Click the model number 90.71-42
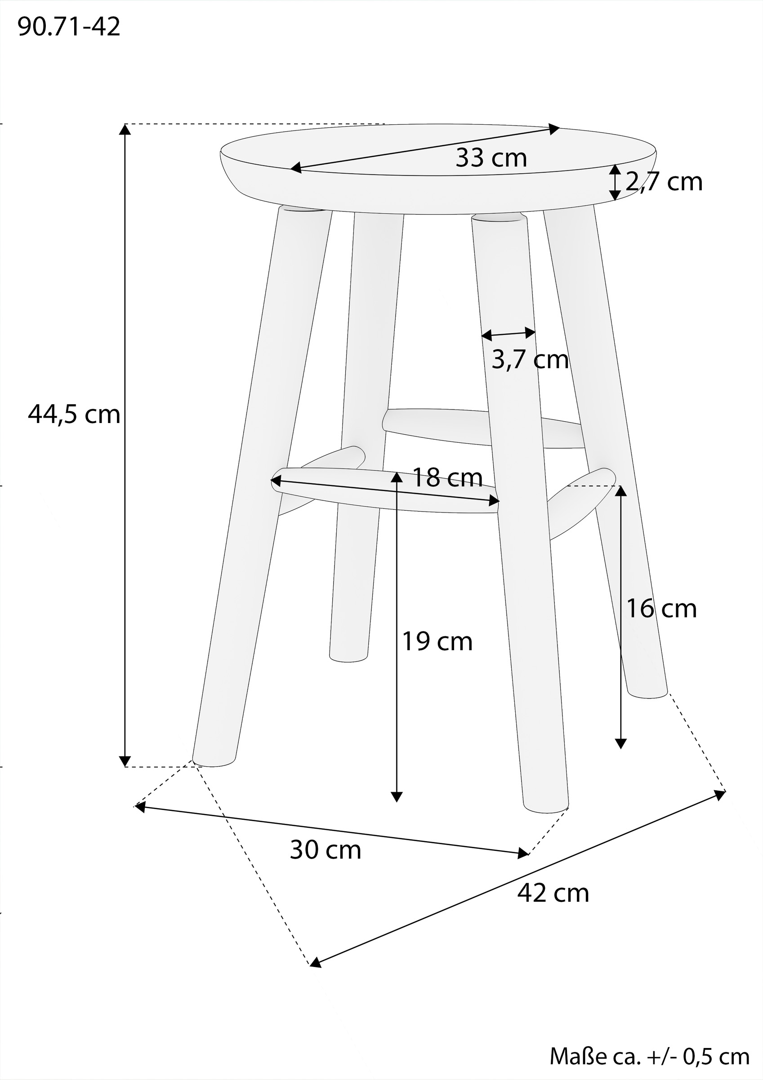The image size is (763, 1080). pos(69,27)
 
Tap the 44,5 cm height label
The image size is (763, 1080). pos(74,414)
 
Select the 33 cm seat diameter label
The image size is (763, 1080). pos(491,157)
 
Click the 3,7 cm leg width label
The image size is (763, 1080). pos(530,360)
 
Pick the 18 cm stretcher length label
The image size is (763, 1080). pos(447,477)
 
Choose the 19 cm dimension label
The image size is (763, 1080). pos(437,641)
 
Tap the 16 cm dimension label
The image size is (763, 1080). pos(661,608)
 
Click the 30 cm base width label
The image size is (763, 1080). pos(326,850)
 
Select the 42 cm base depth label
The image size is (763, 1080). pos(553,893)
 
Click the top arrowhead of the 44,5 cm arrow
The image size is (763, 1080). pos(125,129)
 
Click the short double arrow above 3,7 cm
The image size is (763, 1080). pos(509,334)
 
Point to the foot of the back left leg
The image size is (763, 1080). pos(348,657)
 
